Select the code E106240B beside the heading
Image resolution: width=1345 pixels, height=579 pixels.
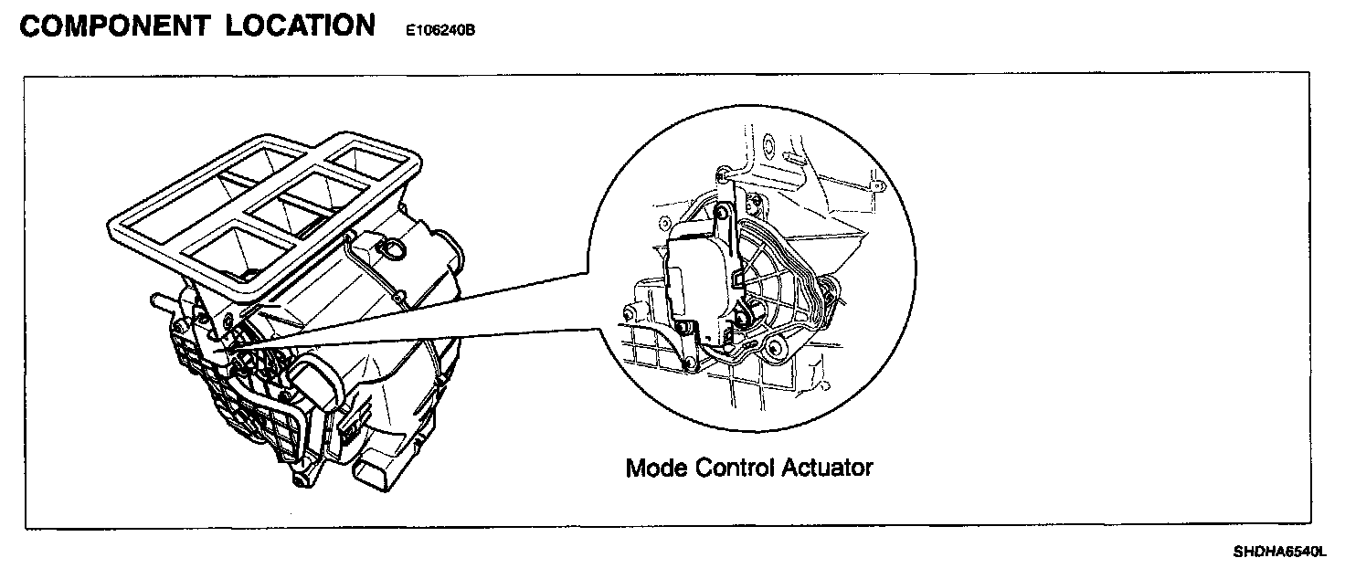[x=440, y=30]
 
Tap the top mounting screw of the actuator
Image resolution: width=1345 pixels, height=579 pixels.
[x=723, y=212]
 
